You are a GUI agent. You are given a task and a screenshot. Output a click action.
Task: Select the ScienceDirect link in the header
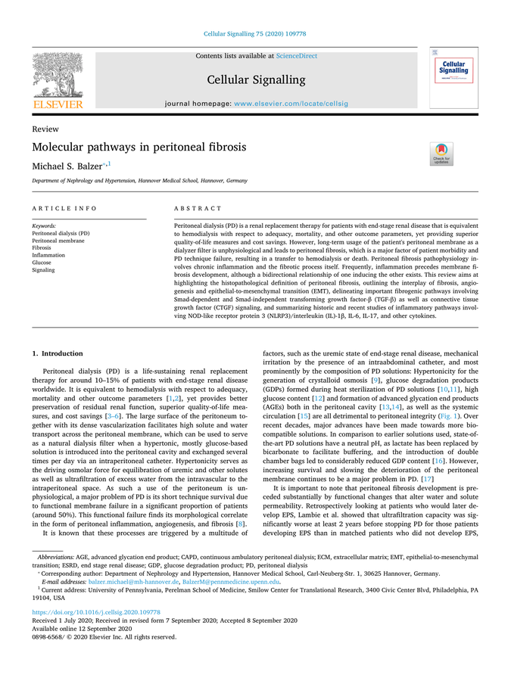pyautogui.click(x=297, y=56)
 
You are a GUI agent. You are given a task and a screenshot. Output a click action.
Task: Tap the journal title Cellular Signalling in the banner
pyautogui.click(x=256, y=79)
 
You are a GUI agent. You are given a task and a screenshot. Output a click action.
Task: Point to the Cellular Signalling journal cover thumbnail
pyautogui.click(x=453, y=77)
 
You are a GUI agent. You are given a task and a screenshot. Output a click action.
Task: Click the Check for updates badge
pyautogui.click(x=441, y=154)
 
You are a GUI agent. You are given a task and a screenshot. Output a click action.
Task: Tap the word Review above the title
pyautogui.click(x=45, y=129)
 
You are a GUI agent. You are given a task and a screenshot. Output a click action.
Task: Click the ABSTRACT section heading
pyautogui.click(x=198, y=208)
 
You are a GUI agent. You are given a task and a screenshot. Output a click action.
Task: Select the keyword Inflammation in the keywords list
pyautogui.click(x=48, y=255)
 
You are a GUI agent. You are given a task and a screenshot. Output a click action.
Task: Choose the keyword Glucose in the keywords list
pyautogui.click(x=42, y=263)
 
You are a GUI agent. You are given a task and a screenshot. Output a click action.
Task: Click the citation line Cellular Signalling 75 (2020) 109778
pyautogui.click(x=255, y=33)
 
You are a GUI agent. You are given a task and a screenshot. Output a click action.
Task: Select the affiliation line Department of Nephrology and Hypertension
pyautogui.click(x=139, y=182)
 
